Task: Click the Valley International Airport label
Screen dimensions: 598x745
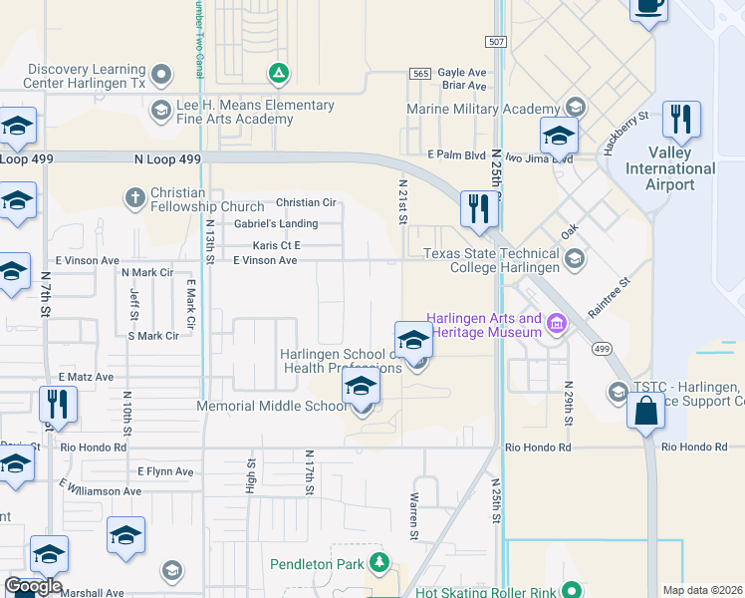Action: point(669,168)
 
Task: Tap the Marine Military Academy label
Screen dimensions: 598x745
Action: point(482,109)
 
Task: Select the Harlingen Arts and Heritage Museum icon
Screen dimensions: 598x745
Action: point(557,324)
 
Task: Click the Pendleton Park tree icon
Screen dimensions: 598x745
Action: point(378,563)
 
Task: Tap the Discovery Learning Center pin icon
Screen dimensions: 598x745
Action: point(160,74)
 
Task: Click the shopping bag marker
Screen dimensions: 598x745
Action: point(645,409)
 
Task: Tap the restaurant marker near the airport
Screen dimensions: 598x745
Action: point(681,120)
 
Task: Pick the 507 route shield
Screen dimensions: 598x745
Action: point(497,41)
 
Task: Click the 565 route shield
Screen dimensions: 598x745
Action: point(419,74)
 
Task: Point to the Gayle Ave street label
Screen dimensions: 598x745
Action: point(462,73)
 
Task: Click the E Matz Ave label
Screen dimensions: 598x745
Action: point(86,378)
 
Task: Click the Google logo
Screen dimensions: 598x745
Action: point(33,586)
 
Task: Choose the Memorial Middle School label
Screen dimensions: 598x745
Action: point(272,407)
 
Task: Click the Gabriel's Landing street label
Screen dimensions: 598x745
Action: point(275,223)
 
